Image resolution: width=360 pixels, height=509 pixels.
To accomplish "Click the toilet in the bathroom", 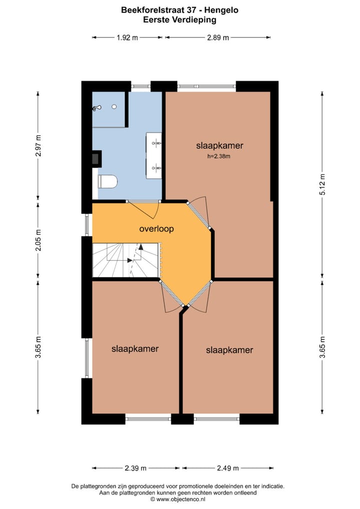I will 107,181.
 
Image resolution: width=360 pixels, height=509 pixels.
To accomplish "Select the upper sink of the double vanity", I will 155,143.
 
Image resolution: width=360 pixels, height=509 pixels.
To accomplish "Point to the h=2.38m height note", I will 219,156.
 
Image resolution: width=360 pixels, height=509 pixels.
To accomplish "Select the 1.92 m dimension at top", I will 127,37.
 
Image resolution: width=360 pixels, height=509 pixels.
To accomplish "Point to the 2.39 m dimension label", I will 135,468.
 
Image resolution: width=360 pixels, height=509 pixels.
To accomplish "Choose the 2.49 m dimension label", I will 227,468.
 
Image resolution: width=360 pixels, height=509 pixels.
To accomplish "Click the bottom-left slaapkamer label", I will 135,348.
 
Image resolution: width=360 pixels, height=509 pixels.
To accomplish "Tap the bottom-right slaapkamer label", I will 229,350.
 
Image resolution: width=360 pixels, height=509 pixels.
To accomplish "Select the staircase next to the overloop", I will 125,260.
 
